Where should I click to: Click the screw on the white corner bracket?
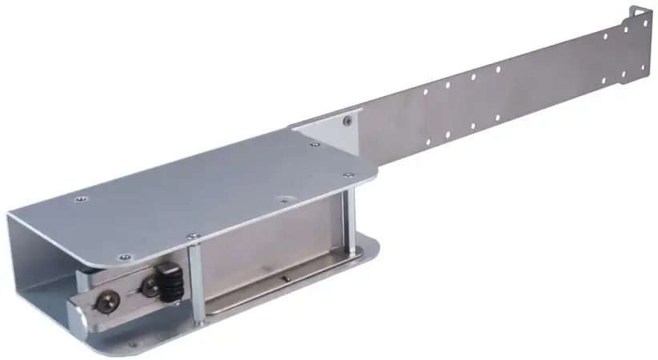coord(347,122)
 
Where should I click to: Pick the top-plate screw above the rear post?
coord(347,174)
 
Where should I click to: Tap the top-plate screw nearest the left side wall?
coord(78,199)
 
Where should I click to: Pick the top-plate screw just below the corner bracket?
coord(315,145)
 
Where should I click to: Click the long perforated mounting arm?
coord(496,92)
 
